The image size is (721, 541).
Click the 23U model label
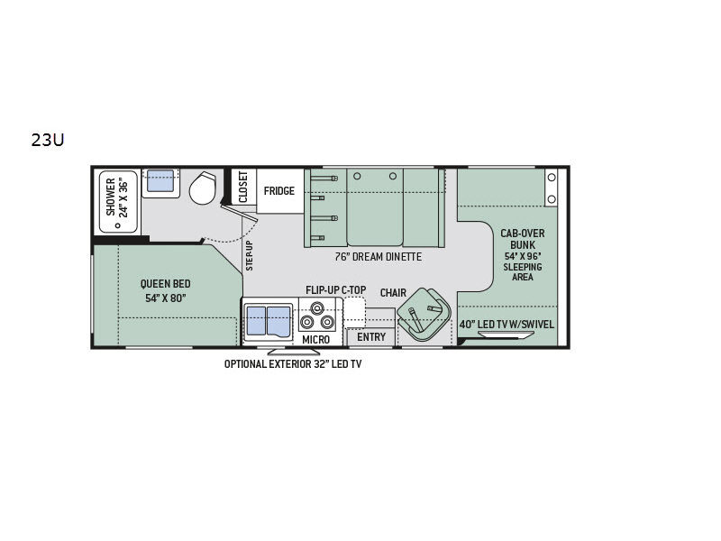tap(48, 140)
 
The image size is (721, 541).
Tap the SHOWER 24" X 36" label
tap(117, 197)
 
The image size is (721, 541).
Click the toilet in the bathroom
tap(202, 188)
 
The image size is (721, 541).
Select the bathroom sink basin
tap(160, 181)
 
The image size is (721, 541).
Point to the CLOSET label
tap(243, 187)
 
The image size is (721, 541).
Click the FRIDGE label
tap(279, 191)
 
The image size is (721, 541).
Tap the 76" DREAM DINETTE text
tap(378, 257)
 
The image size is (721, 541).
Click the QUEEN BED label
tap(166, 284)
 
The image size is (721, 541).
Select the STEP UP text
tap(250, 255)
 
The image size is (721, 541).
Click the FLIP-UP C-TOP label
tap(335, 289)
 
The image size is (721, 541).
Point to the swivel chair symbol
tap(424, 315)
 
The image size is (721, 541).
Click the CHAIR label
tap(393, 293)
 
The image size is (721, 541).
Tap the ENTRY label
tap(371, 337)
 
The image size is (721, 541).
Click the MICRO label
tap(316, 340)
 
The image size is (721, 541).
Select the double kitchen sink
tap(269, 321)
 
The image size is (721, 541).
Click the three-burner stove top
tap(317, 316)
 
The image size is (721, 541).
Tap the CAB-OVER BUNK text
tap(523, 239)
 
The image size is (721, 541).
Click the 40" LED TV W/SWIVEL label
tap(507, 325)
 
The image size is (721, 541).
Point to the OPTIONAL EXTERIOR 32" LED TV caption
tap(293, 364)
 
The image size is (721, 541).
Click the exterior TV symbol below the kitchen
tap(294, 351)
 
